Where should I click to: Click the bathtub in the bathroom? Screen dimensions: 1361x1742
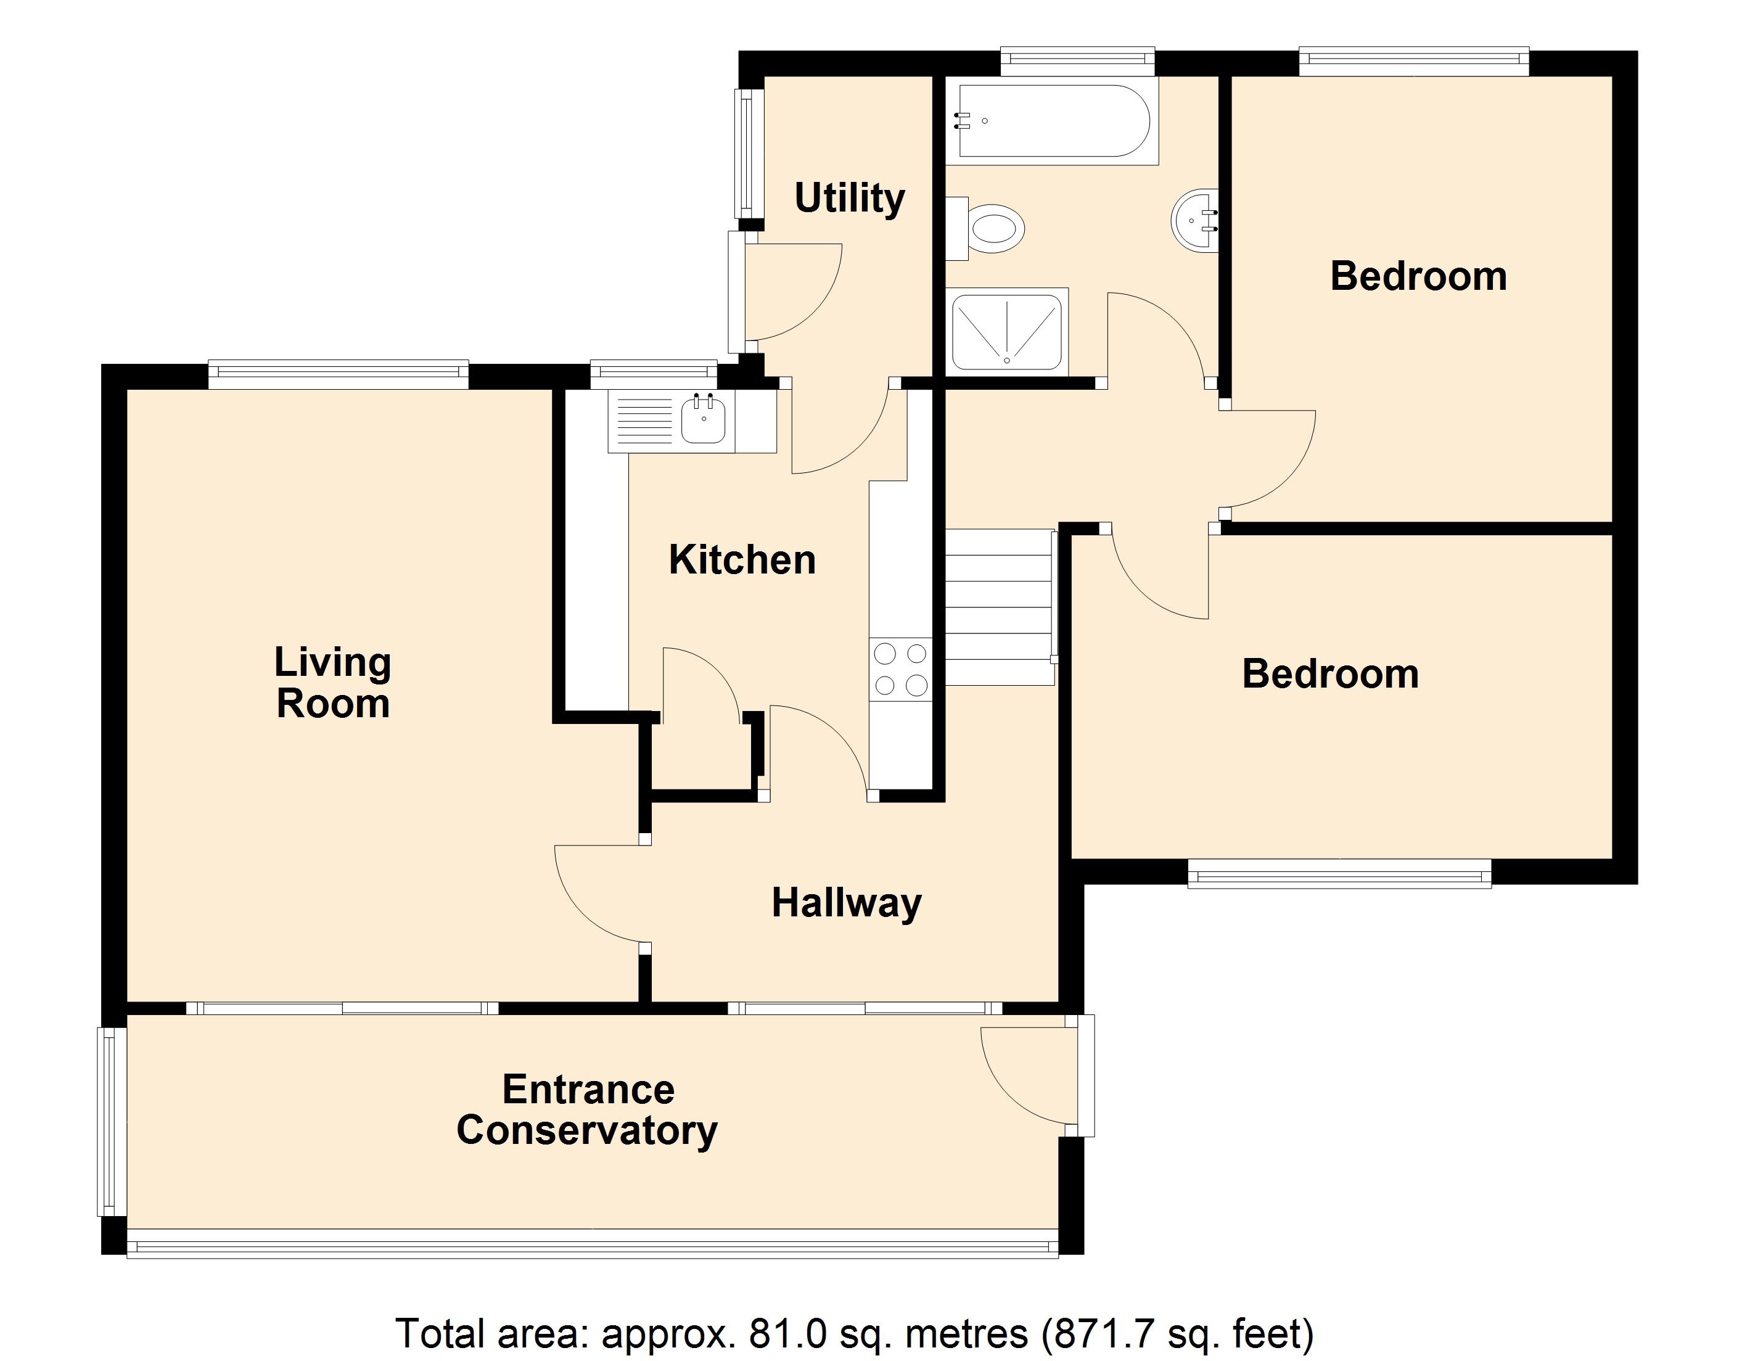tap(1053, 121)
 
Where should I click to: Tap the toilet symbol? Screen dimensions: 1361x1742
tap(993, 228)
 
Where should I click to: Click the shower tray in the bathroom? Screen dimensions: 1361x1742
tap(1006, 332)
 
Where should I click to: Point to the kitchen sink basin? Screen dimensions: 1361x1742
tap(703, 421)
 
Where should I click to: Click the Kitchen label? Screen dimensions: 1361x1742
tap(742, 559)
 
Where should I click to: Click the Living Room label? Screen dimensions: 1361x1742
tap(332, 683)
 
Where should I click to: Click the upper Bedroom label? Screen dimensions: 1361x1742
tap(1418, 276)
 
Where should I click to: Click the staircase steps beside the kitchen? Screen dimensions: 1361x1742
tap(998, 608)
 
